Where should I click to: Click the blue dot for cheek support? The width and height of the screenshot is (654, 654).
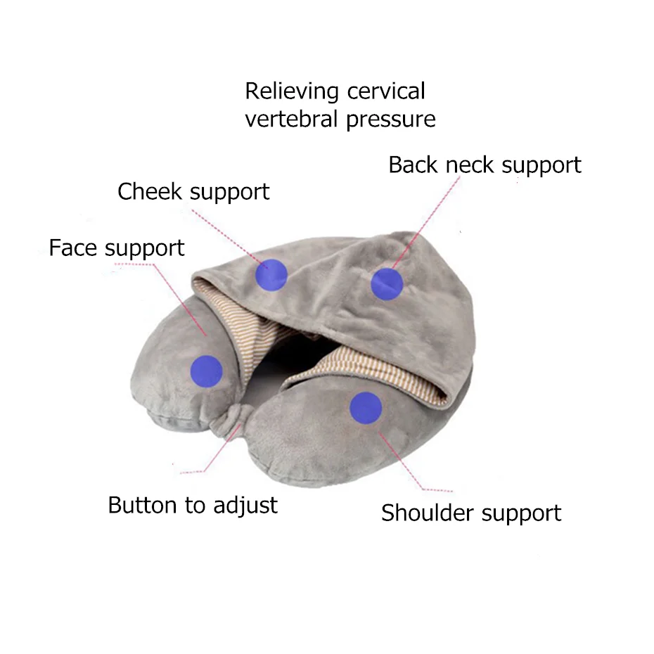point(271,274)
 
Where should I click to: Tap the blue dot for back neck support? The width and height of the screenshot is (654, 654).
point(387,284)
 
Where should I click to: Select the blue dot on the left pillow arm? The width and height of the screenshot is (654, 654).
point(206,371)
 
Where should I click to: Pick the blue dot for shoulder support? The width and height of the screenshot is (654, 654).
point(366,408)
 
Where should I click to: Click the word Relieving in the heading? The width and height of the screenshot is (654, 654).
point(292,91)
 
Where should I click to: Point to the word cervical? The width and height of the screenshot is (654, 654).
point(386,91)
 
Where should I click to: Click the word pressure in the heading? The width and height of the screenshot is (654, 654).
point(391,120)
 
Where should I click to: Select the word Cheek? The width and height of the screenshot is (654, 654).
point(150,191)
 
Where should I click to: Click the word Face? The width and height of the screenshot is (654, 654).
point(72,248)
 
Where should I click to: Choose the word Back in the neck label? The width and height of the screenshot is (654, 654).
point(413,165)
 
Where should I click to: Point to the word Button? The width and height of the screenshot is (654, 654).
point(143,505)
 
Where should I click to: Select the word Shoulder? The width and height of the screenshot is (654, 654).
point(427,513)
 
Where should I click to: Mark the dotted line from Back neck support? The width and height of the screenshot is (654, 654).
point(425,222)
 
